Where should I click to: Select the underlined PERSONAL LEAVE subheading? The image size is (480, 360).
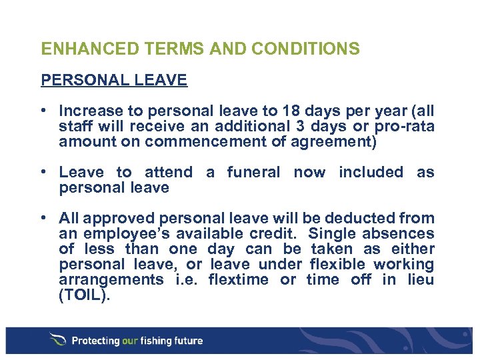click(x=114, y=81)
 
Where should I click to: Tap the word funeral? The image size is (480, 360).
click(x=253, y=172)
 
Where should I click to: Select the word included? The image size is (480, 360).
click(x=371, y=172)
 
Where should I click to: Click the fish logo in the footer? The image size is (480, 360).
click(x=58, y=340)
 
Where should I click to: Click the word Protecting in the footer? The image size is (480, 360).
click(x=95, y=341)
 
